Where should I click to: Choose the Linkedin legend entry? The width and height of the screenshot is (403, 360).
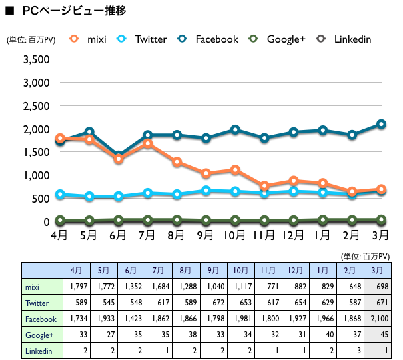[344, 39]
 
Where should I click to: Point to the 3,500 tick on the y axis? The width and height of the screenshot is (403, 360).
[37, 59]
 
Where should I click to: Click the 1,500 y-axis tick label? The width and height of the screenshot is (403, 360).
[37, 152]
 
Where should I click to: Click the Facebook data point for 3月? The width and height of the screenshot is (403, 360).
[381, 124]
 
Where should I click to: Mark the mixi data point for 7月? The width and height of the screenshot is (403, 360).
[148, 143]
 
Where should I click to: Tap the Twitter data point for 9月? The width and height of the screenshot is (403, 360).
[206, 191]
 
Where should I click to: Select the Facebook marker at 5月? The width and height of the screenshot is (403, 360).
[89, 132]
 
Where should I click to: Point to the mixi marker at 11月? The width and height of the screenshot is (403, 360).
[264, 186]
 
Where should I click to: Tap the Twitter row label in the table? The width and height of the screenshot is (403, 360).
[39, 303]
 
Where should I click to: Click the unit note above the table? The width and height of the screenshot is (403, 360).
[365, 255]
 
